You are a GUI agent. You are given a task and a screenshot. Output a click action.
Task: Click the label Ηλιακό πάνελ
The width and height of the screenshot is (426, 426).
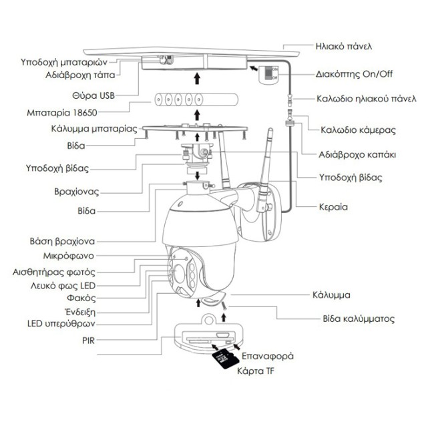[343, 47]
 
